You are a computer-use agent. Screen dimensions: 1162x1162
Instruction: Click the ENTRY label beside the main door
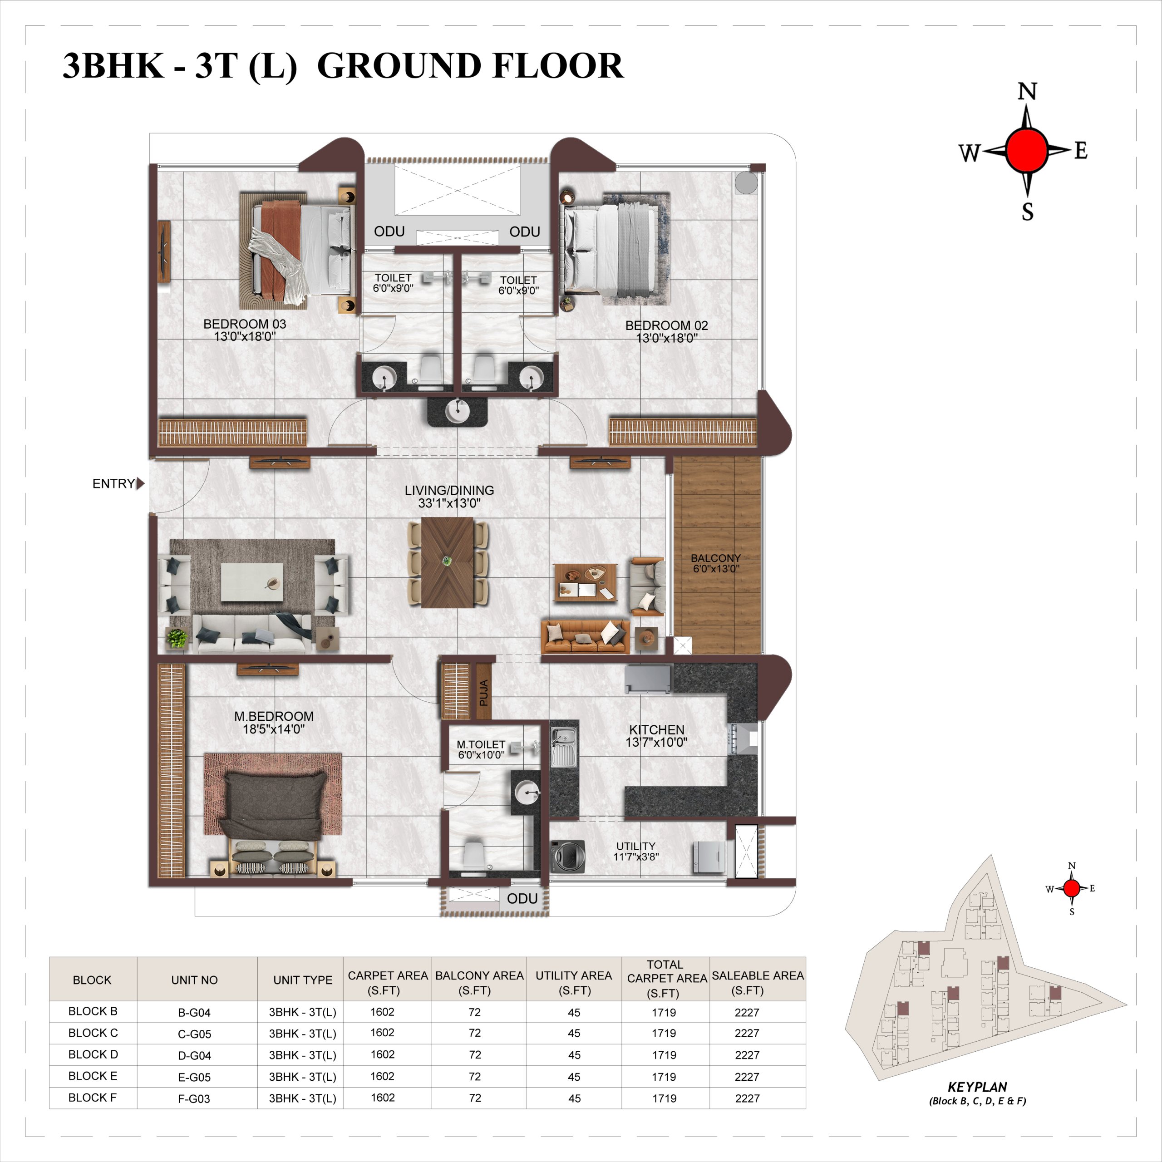pos(113,483)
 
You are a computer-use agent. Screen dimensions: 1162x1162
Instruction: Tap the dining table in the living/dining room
pos(448,562)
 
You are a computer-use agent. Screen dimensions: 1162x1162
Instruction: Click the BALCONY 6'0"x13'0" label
pos(716,563)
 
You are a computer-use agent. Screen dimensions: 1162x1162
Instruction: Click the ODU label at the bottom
pos(522,899)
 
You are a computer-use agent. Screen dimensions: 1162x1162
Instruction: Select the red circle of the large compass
pos(1027,150)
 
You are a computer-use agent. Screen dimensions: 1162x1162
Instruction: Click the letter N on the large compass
pos(1027,91)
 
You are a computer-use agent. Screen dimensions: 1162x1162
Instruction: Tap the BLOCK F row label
pos(93,1098)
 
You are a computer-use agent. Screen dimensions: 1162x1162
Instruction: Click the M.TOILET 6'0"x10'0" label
pos(481,749)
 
